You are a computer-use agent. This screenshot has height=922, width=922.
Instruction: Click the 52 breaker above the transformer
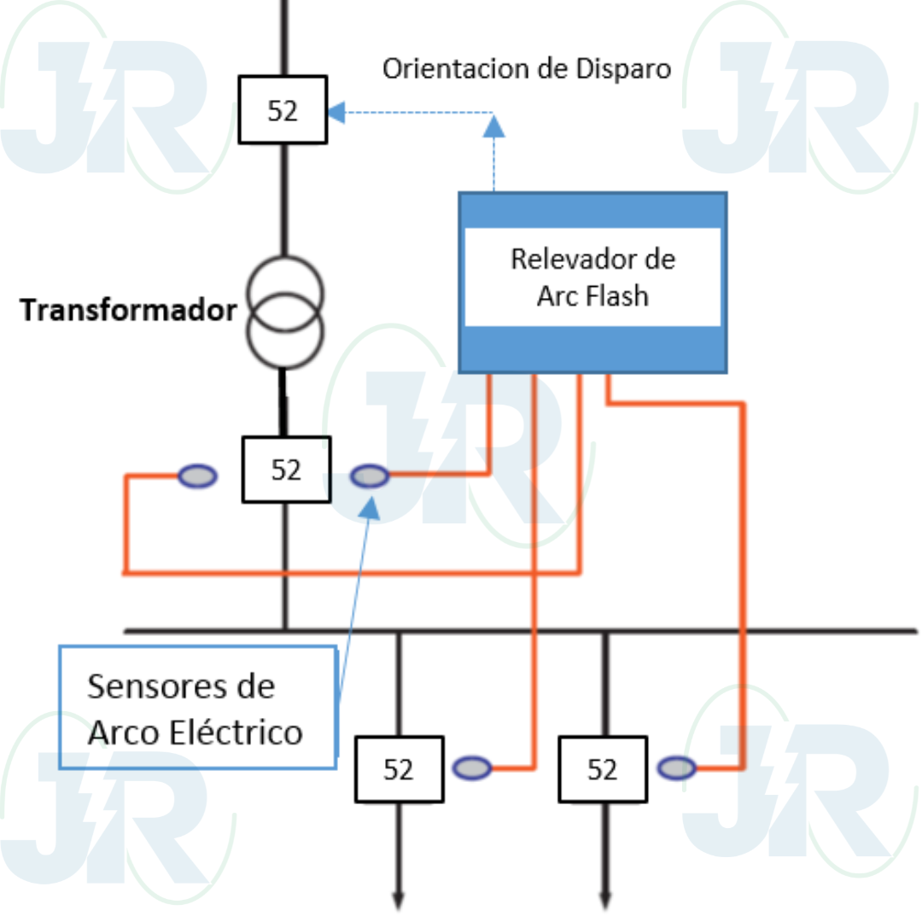coord(283,110)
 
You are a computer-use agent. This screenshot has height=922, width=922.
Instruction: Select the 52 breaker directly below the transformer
coord(286,470)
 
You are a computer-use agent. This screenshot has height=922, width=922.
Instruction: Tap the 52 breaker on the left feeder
coord(399,769)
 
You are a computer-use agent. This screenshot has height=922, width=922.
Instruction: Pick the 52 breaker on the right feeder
coord(602,769)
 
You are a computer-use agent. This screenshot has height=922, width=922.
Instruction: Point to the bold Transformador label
coord(128,311)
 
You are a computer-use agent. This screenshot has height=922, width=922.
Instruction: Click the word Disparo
coord(617,68)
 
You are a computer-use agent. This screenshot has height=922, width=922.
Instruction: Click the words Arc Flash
coord(592,295)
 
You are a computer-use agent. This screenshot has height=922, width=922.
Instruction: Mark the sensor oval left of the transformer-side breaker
coord(197,476)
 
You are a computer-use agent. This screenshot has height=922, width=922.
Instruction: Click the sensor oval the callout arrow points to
coord(371,476)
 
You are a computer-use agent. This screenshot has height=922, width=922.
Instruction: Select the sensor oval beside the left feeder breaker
coord(472,768)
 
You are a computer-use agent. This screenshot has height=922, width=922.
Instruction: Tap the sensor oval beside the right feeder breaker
coord(677,768)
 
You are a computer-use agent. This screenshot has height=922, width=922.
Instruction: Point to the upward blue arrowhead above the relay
coord(493,126)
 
